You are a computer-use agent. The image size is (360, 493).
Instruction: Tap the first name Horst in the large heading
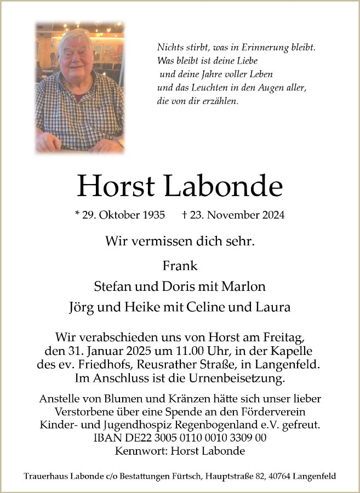[x=116, y=187]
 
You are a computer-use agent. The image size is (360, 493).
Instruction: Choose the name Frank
[x=180, y=266]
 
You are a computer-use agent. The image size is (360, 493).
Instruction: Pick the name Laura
[x=275, y=307]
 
